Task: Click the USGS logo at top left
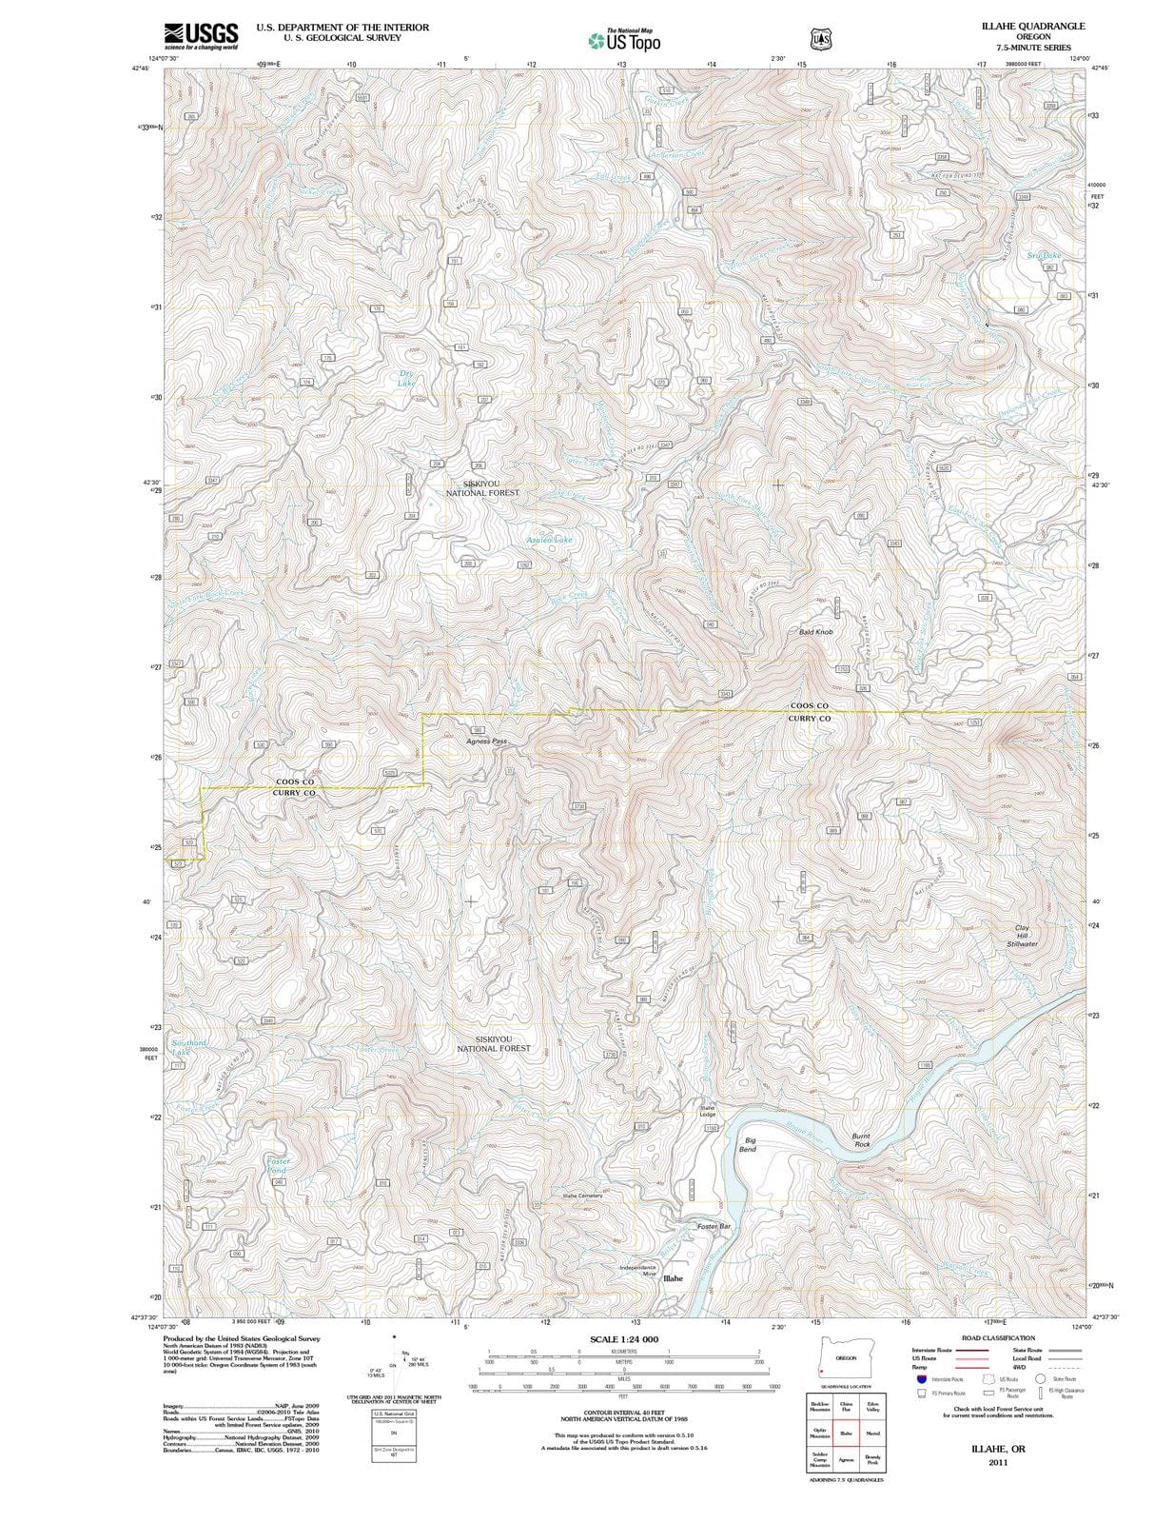pos(201,35)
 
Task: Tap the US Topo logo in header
pos(624,40)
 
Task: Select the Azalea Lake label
pos(550,540)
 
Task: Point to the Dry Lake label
pos(406,378)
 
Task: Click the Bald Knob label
pos(815,632)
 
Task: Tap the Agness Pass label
pos(486,741)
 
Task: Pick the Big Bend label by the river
pos(749,1144)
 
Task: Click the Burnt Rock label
pos(861,1139)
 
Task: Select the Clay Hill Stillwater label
pos(1022,935)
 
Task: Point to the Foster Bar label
pos(713,1226)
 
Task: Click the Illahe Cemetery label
pos(582,1195)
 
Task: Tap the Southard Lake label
pos(188,1047)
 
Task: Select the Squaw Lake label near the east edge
pos(1044,255)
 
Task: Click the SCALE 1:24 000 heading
pos(623,1339)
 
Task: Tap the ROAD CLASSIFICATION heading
pos(998,1337)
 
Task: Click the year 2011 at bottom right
pos(998,1462)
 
